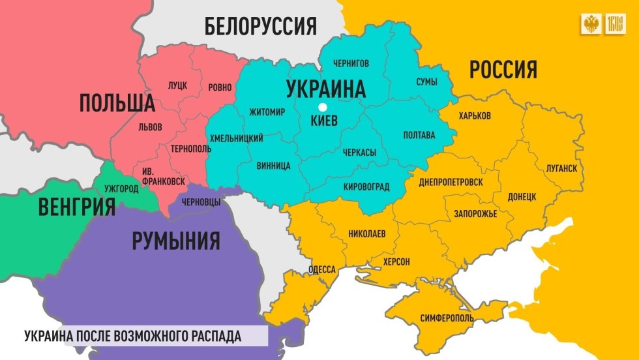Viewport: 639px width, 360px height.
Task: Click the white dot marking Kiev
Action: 321,108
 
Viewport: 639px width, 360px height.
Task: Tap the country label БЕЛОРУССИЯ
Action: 260,27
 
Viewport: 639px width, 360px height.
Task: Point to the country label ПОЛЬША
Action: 117,102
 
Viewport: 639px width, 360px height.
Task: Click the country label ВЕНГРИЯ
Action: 76,208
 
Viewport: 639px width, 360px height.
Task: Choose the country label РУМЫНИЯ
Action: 175,241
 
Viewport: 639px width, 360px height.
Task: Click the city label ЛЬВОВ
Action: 151,127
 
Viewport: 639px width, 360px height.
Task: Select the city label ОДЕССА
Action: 321,269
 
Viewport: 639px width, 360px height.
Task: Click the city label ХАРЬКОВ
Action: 475,116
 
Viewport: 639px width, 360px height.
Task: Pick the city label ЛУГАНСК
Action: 562,168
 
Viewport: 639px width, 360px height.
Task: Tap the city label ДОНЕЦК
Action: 522,196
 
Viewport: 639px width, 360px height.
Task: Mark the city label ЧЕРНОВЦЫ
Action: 199,202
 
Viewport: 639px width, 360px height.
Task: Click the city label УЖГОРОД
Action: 121,188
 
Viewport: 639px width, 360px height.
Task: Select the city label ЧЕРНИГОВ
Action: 351,63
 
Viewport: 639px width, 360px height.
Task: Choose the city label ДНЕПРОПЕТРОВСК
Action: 451,182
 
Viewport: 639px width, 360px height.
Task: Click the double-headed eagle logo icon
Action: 591,25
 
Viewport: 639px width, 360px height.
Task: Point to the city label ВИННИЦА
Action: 273,166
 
